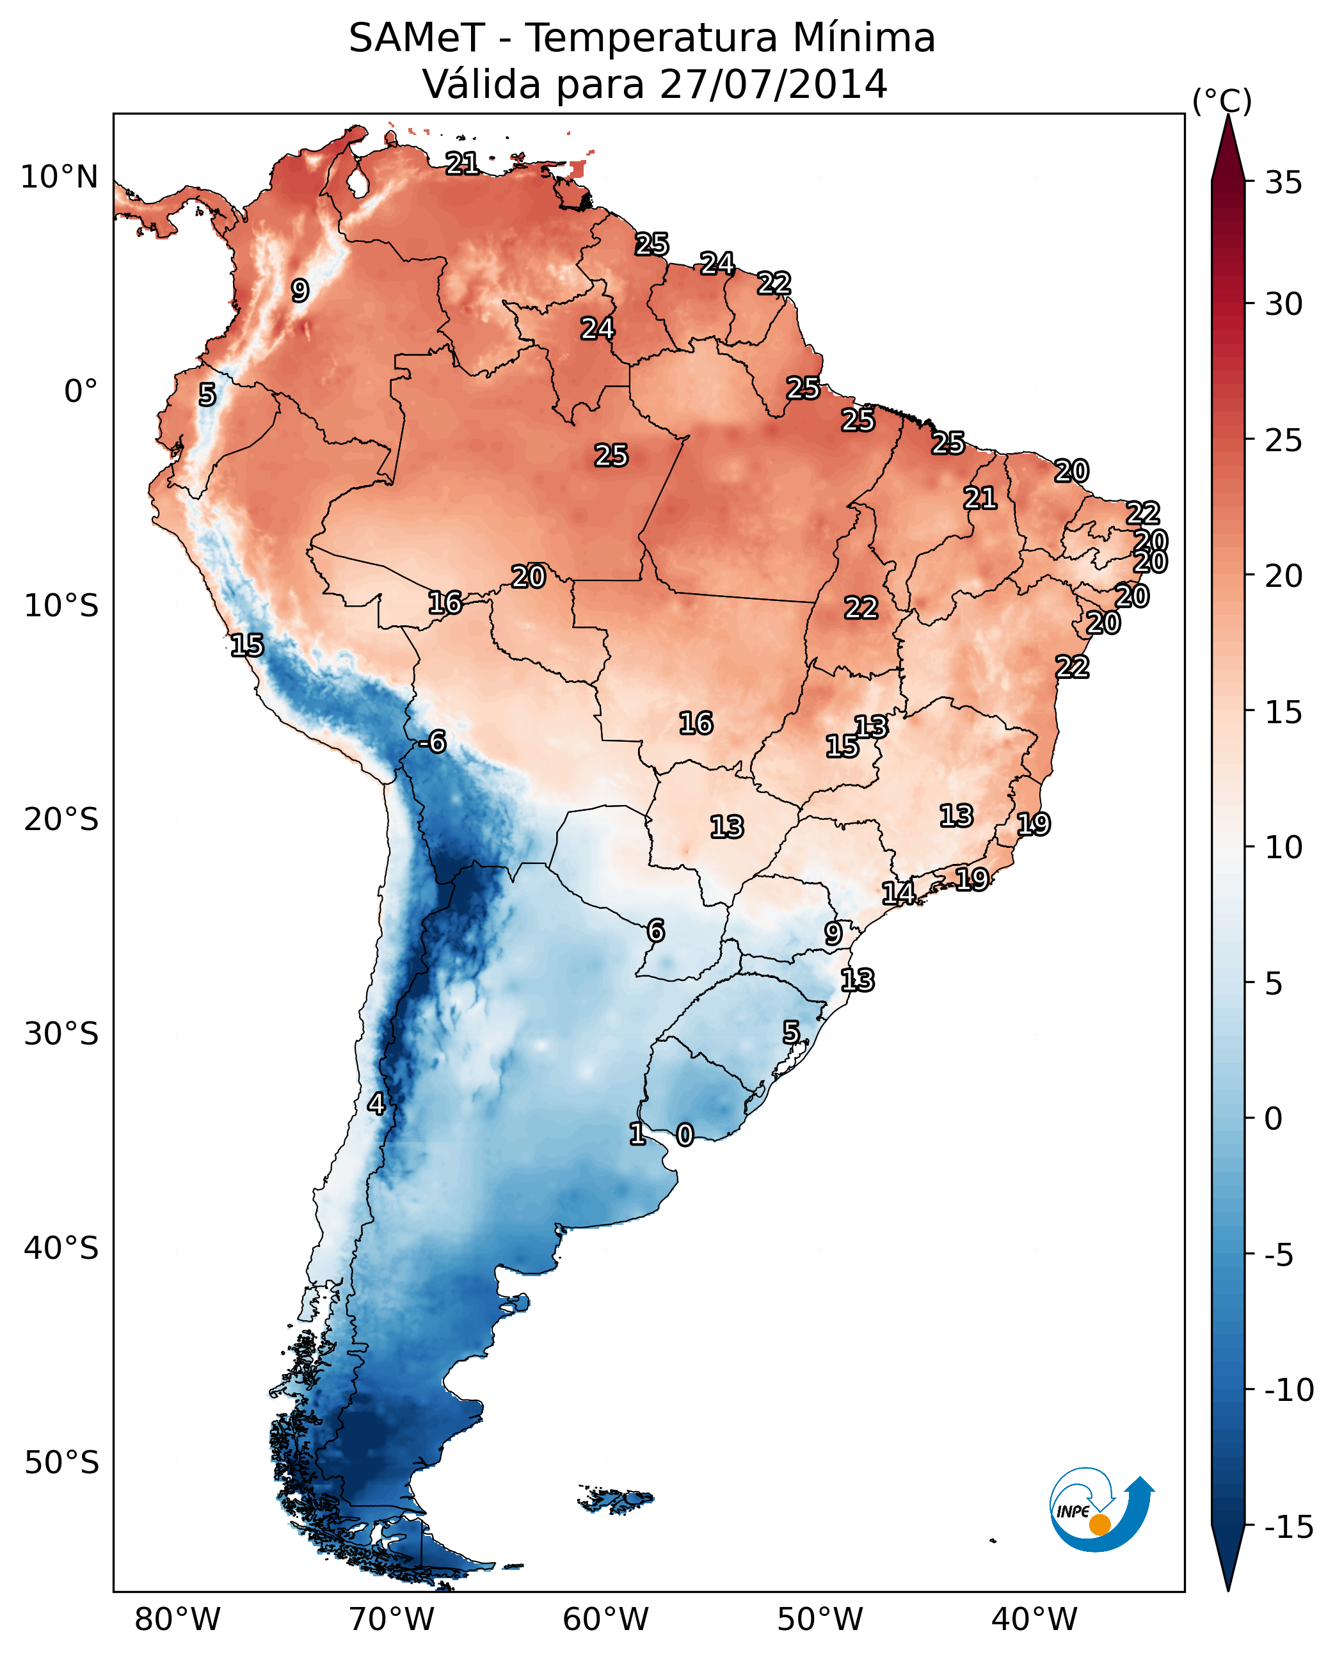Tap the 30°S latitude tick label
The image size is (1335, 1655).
61,1034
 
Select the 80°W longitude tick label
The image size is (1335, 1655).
178,1620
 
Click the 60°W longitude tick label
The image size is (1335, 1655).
606,1620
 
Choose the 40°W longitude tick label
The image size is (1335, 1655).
1034,1620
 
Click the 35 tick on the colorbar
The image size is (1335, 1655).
1283,182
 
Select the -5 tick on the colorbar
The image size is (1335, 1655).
1279,1255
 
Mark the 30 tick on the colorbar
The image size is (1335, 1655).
1283,304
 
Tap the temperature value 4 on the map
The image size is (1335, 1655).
376,1103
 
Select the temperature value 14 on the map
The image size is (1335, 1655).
898,893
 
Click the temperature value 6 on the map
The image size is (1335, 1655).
655,931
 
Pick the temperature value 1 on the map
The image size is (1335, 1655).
637,1133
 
